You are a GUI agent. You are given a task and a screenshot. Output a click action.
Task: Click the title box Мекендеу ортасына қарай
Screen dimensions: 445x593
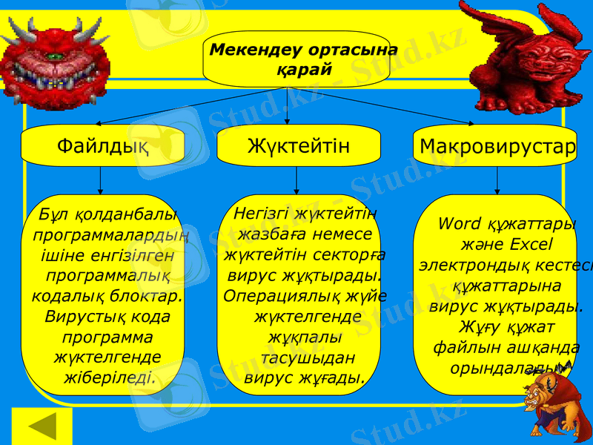pos(296,59)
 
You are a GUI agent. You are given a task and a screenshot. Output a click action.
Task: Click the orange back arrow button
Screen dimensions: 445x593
pos(42,426)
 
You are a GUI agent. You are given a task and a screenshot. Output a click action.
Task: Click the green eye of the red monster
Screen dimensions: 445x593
pos(53,56)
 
